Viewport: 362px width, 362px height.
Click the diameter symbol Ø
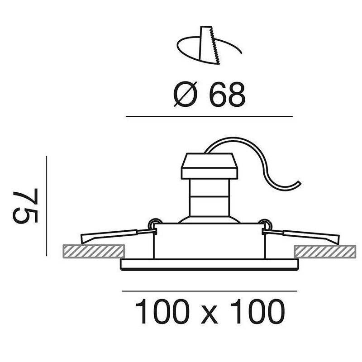pos(185,94)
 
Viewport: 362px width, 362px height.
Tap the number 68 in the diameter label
pos(227,94)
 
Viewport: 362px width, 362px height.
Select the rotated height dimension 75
pos(25,206)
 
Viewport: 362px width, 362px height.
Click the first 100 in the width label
pos(162,311)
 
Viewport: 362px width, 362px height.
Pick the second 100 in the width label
pos(257,311)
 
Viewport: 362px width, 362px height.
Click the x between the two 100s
pos(210,314)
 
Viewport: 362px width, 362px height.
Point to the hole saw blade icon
pos(209,45)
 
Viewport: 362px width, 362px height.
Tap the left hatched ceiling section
pos(94,251)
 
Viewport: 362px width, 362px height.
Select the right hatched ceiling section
pos(325,252)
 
